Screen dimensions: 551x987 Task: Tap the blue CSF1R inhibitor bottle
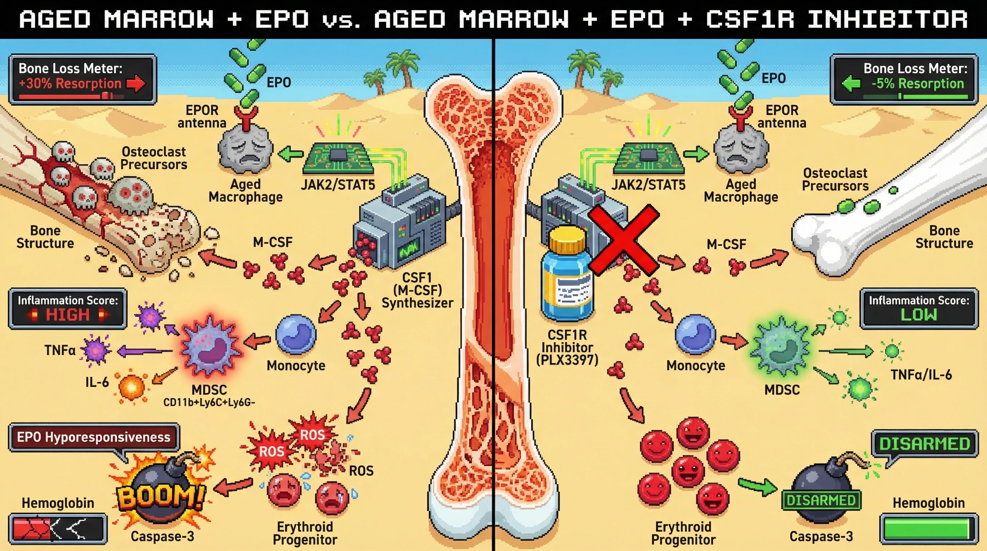pyautogui.click(x=566, y=276)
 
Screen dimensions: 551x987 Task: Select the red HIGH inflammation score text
pyautogui.click(x=67, y=315)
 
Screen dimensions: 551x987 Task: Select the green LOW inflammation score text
pyautogui.click(x=918, y=315)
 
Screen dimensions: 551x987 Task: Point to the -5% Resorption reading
pyautogui.click(x=917, y=84)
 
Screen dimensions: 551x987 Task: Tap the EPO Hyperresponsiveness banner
pyautogui.click(x=94, y=437)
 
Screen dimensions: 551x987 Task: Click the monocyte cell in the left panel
pyautogui.click(x=296, y=334)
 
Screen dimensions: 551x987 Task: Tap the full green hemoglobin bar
pyautogui.click(x=929, y=529)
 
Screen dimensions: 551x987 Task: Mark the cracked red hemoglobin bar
pyautogui.click(x=57, y=529)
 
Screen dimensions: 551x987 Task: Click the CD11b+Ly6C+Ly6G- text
pyautogui.click(x=209, y=403)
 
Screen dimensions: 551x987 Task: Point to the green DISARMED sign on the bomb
pyautogui.click(x=821, y=500)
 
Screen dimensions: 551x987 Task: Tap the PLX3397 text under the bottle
pyautogui.click(x=567, y=360)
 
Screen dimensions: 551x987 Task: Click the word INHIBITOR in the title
pyautogui.click(x=887, y=19)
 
